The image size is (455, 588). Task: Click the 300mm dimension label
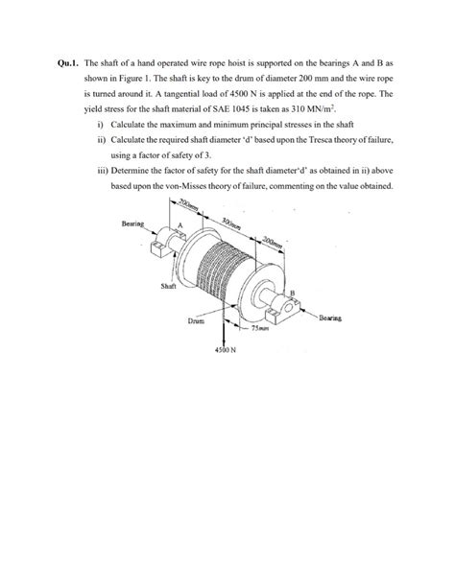click(231, 226)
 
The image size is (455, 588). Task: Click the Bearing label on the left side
click(132, 223)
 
